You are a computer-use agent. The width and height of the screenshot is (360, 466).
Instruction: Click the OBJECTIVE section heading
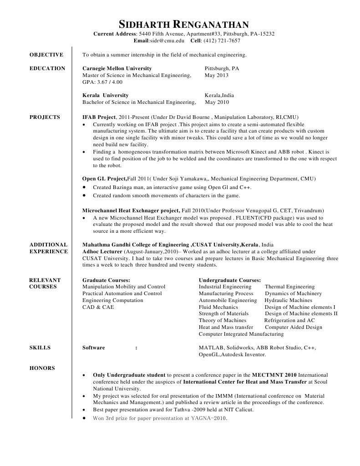click(46, 55)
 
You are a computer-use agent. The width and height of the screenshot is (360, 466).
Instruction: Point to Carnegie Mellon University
click(117, 68)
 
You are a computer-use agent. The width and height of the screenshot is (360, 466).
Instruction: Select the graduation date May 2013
click(216, 75)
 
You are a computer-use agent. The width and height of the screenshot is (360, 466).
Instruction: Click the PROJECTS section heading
click(45, 117)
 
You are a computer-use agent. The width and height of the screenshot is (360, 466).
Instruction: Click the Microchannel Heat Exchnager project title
click(131, 211)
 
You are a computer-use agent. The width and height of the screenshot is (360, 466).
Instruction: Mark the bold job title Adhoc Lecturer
click(102, 251)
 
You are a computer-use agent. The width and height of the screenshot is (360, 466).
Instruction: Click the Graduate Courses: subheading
click(106, 280)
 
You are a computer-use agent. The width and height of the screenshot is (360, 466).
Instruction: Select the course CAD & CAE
click(98, 307)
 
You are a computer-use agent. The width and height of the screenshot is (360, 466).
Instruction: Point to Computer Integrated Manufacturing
click(241, 334)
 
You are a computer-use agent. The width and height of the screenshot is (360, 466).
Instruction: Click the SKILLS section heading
click(40, 348)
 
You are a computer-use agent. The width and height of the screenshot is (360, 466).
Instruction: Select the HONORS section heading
click(42, 368)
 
